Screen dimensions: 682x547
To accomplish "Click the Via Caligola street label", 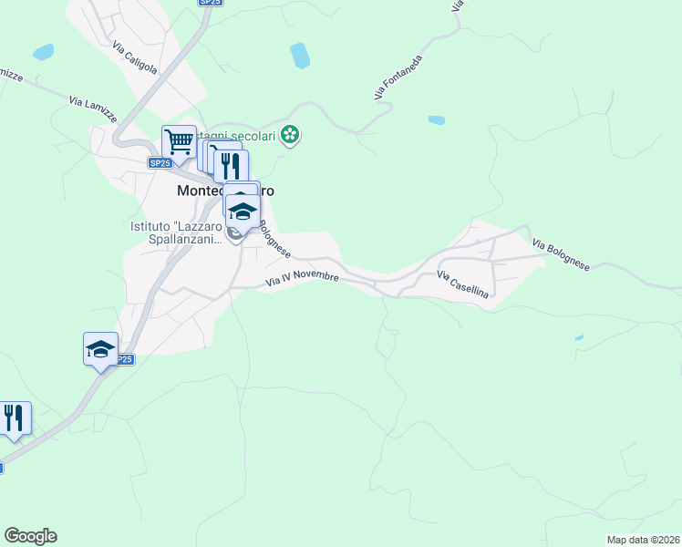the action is (135, 57).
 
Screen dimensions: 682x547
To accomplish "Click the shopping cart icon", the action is (179, 141).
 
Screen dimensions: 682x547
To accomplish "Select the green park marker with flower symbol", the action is (291, 136).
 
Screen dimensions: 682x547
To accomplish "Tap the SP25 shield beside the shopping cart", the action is (160, 163).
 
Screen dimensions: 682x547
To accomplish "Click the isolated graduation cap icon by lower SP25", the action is (100, 348).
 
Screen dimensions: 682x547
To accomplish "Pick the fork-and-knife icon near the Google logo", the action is (13, 418).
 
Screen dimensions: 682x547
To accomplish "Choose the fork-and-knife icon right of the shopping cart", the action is (231, 165).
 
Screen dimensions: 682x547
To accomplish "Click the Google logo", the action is (30, 536).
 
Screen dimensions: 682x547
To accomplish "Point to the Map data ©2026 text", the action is (643, 540).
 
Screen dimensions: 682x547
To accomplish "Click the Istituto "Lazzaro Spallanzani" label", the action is (176, 232).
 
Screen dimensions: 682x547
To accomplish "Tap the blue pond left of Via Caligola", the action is (43, 52).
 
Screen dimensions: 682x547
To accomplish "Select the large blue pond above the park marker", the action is (299, 56).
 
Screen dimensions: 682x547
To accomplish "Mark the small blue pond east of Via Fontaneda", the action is (437, 119).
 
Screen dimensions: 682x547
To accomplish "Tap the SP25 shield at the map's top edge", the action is (210, 3).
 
